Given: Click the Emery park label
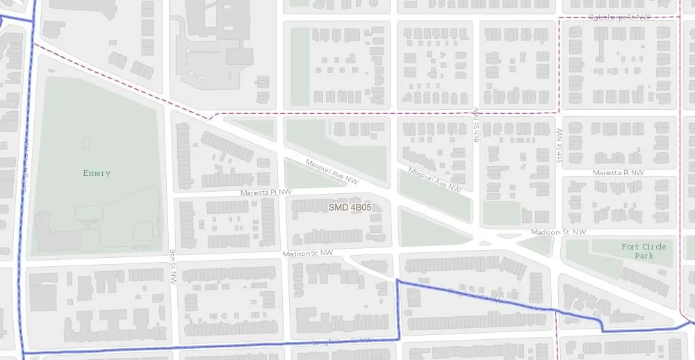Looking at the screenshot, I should coord(97,173).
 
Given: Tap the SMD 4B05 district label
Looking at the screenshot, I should coord(350,207).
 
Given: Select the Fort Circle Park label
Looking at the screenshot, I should coord(644,251).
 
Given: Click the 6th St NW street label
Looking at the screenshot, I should coord(477,125).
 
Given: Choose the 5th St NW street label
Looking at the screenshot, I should coord(559,145).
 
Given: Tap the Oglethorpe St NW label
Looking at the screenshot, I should coord(619,16).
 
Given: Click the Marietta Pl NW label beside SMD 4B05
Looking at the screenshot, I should coord(266,193).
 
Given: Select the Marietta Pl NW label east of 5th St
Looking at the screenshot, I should coord(618,172).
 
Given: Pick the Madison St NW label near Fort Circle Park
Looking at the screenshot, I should coord(558,232).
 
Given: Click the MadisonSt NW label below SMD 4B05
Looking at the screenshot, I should coord(308,254).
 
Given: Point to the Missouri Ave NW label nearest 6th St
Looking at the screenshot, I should coord(435,179).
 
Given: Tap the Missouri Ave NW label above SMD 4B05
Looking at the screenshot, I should coord(332,172).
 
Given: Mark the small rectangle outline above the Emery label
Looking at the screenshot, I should coord(86,142).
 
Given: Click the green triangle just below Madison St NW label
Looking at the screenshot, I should coord(534,245).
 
